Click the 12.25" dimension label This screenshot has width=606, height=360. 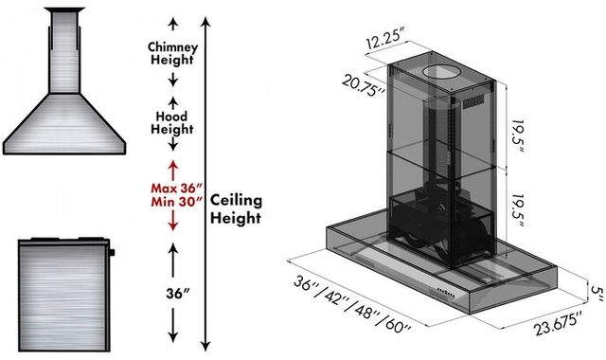pos(385,39)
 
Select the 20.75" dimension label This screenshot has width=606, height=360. pos(363,86)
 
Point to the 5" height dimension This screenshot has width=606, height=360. pos(596,294)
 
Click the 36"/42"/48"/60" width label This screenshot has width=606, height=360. pos(352,303)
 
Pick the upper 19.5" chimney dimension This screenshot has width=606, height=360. pos(518,136)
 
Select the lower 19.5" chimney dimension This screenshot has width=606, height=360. pos(517,210)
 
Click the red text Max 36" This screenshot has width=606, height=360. pos(177,189)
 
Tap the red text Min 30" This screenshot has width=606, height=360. pos(177,202)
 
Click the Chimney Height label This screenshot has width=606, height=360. pos(172,53)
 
